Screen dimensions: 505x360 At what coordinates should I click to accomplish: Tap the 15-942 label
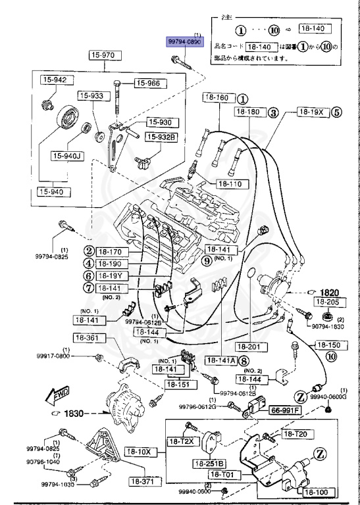pos(55,80)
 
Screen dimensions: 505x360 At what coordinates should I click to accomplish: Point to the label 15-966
pos(149,83)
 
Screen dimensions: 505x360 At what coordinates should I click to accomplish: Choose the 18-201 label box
pos(249,346)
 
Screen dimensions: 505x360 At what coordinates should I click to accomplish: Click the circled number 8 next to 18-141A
pos(244,360)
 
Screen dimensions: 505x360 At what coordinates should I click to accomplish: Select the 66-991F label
pos(285,410)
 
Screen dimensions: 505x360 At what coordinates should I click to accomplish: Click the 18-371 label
pos(144,481)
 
